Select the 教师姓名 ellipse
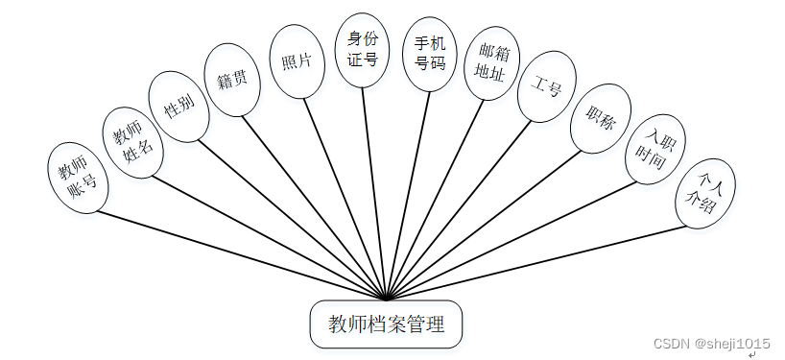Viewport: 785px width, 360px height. click(x=133, y=142)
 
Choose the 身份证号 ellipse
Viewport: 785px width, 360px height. click(x=362, y=50)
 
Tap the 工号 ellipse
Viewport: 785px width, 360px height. click(x=547, y=86)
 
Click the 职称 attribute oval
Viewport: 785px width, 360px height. click(x=601, y=119)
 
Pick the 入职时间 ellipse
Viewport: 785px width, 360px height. click(x=654, y=152)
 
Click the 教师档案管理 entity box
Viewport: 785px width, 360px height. click(x=387, y=324)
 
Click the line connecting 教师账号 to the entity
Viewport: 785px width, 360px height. click(x=240, y=254)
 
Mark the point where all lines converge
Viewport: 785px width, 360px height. click(x=386, y=300)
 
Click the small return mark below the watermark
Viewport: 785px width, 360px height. click(x=752, y=354)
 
